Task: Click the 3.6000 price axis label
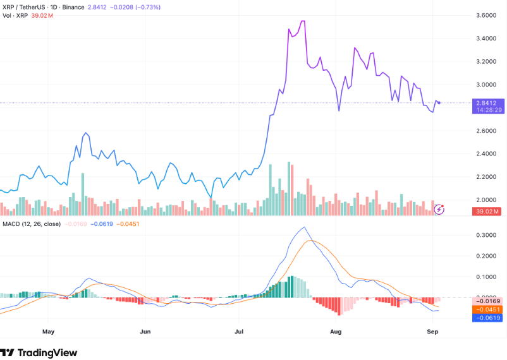pyautogui.click(x=487, y=15)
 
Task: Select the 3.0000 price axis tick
pyautogui.click(x=487, y=85)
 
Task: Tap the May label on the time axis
pyautogui.click(x=49, y=330)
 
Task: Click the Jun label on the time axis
pyautogui.click(x=145, y=330)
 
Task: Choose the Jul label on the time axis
pyautogui.click(x=239, y=330)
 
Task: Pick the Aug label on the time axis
pyautogui.click(x=336, y=330)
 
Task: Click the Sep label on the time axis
pyautogui.click(x=432, y=330)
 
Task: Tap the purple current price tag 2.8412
pyautogui.click(x=487, y=102)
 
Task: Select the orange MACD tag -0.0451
pyautogui.click(x=487, y=309)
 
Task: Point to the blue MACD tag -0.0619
pyautogui.click(x=487, y=318)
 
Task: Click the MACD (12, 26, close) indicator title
pyautogui.click(x=31, y=224)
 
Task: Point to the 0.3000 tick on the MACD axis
pyautogui.click(x=487, y=235)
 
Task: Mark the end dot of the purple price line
pyautogui.click(x=439, y=103)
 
